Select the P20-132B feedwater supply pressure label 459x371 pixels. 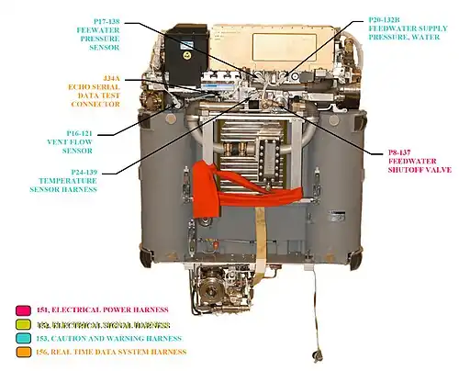[409, 31]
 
